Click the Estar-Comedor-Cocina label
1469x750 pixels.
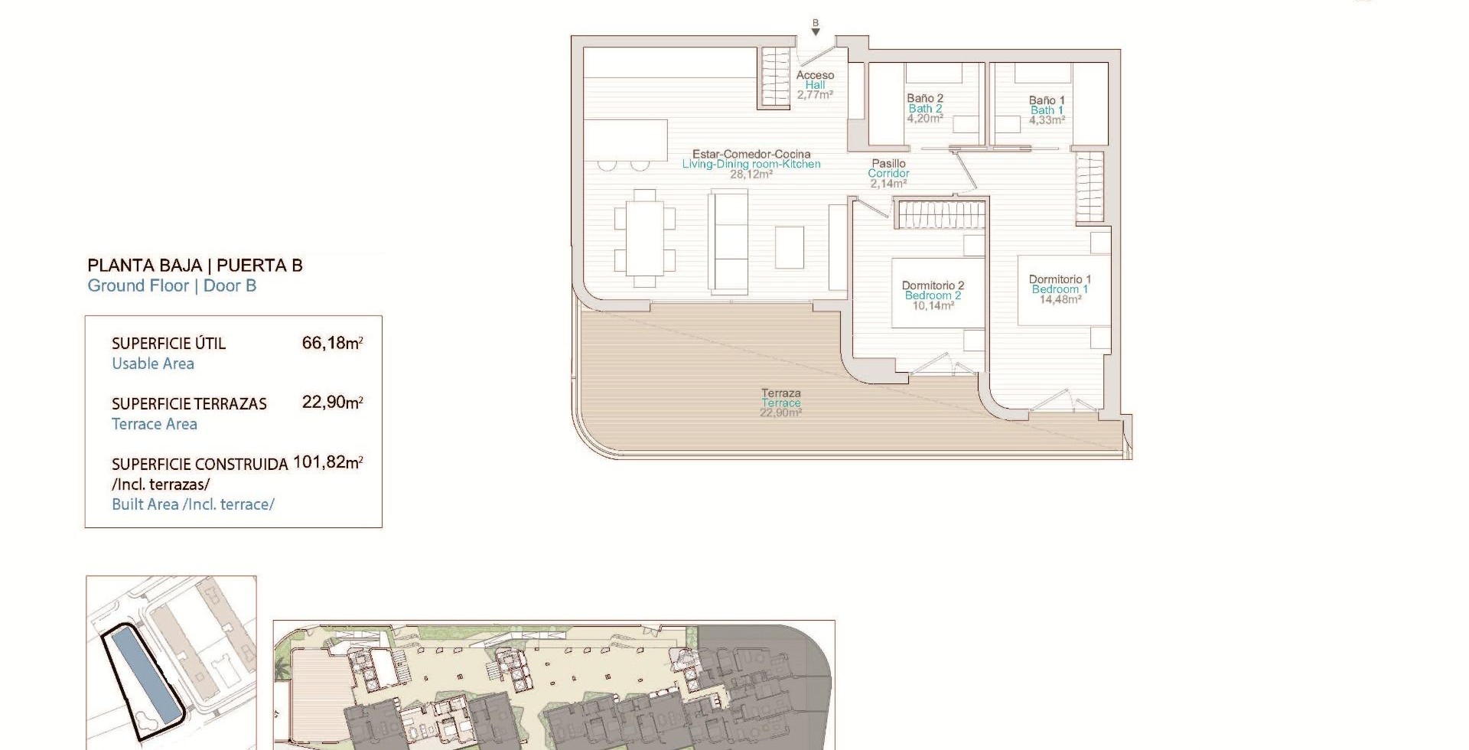point(751,154)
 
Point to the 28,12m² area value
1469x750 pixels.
point(751,174)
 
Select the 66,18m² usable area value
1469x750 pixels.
point(332,343)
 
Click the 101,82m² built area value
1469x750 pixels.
point(327,462)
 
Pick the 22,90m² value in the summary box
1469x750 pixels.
point(332,403)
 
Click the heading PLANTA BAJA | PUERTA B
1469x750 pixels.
point(195,266)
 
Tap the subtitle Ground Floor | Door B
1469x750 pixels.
point(172,285)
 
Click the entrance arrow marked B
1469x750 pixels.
point(816,32)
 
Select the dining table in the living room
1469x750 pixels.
point(645,238)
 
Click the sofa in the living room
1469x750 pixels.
point(728,243)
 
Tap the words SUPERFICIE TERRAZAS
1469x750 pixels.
point(189,404)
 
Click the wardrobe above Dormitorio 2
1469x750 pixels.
point(940,215)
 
